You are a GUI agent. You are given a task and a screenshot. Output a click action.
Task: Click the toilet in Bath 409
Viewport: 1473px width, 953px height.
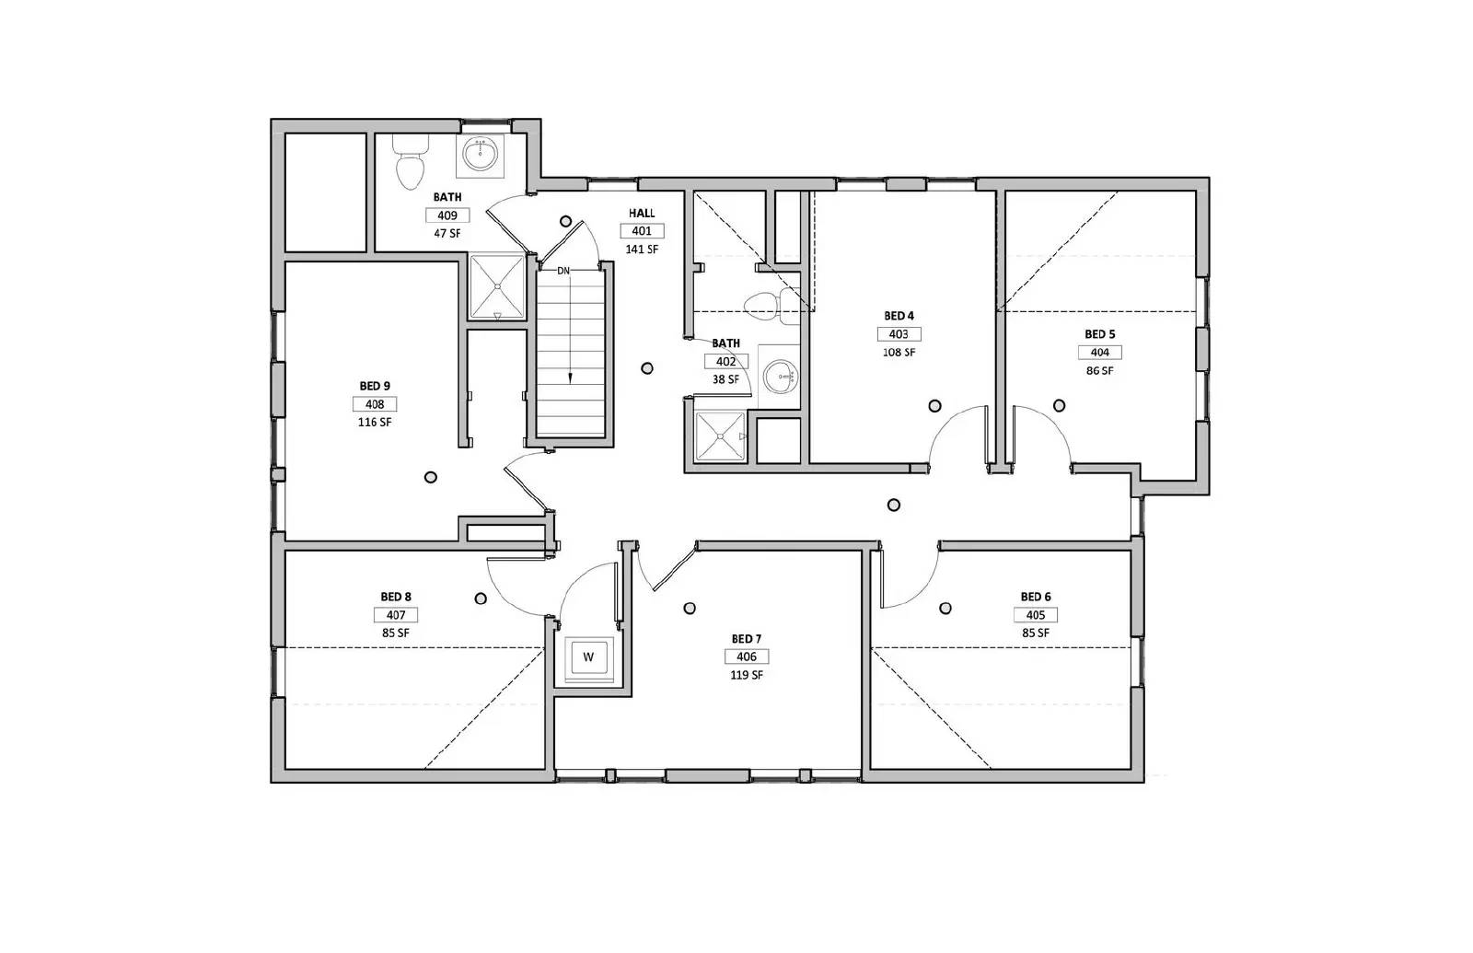coord(410,164)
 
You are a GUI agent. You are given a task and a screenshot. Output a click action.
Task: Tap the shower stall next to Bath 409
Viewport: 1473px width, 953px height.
coord(497,286)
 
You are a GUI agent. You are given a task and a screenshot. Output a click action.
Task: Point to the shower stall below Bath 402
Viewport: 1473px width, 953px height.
coord(719,436)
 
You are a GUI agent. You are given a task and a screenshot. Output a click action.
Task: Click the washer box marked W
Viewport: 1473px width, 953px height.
coord(589,657)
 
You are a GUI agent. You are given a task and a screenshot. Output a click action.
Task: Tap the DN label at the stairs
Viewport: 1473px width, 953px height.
coord(563,271)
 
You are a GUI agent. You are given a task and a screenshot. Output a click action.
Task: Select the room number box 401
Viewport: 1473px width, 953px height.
coord(642,231)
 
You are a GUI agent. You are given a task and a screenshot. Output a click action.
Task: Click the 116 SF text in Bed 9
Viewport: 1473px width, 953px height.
coord(375,423)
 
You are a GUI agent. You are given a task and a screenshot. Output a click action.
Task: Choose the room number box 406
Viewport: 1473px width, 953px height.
coord(747,657)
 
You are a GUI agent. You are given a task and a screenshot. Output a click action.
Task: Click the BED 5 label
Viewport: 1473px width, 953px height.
coord(1099,334)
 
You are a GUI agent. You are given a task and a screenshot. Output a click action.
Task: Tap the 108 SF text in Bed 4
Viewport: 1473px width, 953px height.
coord(899,353)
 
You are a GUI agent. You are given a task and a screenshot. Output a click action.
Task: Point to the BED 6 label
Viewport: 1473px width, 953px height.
coord(1036,597)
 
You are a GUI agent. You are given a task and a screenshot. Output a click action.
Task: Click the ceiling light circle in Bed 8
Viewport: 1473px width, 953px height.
coord(481,599)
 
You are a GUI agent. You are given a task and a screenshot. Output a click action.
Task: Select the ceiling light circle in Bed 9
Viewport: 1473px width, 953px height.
coord(430,477)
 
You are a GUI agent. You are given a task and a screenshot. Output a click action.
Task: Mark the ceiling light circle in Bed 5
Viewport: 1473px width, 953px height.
coord(1060,405)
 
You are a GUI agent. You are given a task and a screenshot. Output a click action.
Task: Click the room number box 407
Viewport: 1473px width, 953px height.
coord(396,615)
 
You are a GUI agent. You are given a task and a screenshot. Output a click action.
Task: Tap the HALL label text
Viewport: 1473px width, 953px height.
coord(642,214)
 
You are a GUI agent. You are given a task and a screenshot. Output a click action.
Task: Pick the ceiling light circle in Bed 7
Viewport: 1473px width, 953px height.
coord(690,608)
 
